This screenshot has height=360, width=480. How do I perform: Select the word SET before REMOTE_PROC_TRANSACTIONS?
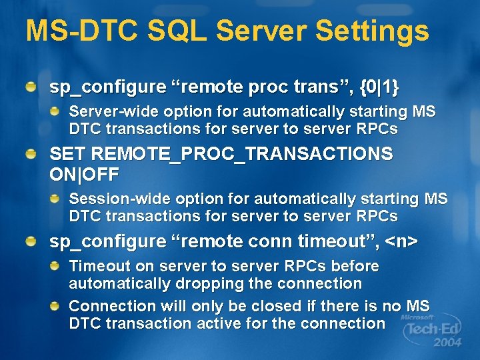coord(67,155)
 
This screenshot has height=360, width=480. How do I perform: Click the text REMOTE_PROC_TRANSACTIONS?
coord(241,155)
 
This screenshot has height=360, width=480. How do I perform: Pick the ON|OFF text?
coord(85,175)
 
